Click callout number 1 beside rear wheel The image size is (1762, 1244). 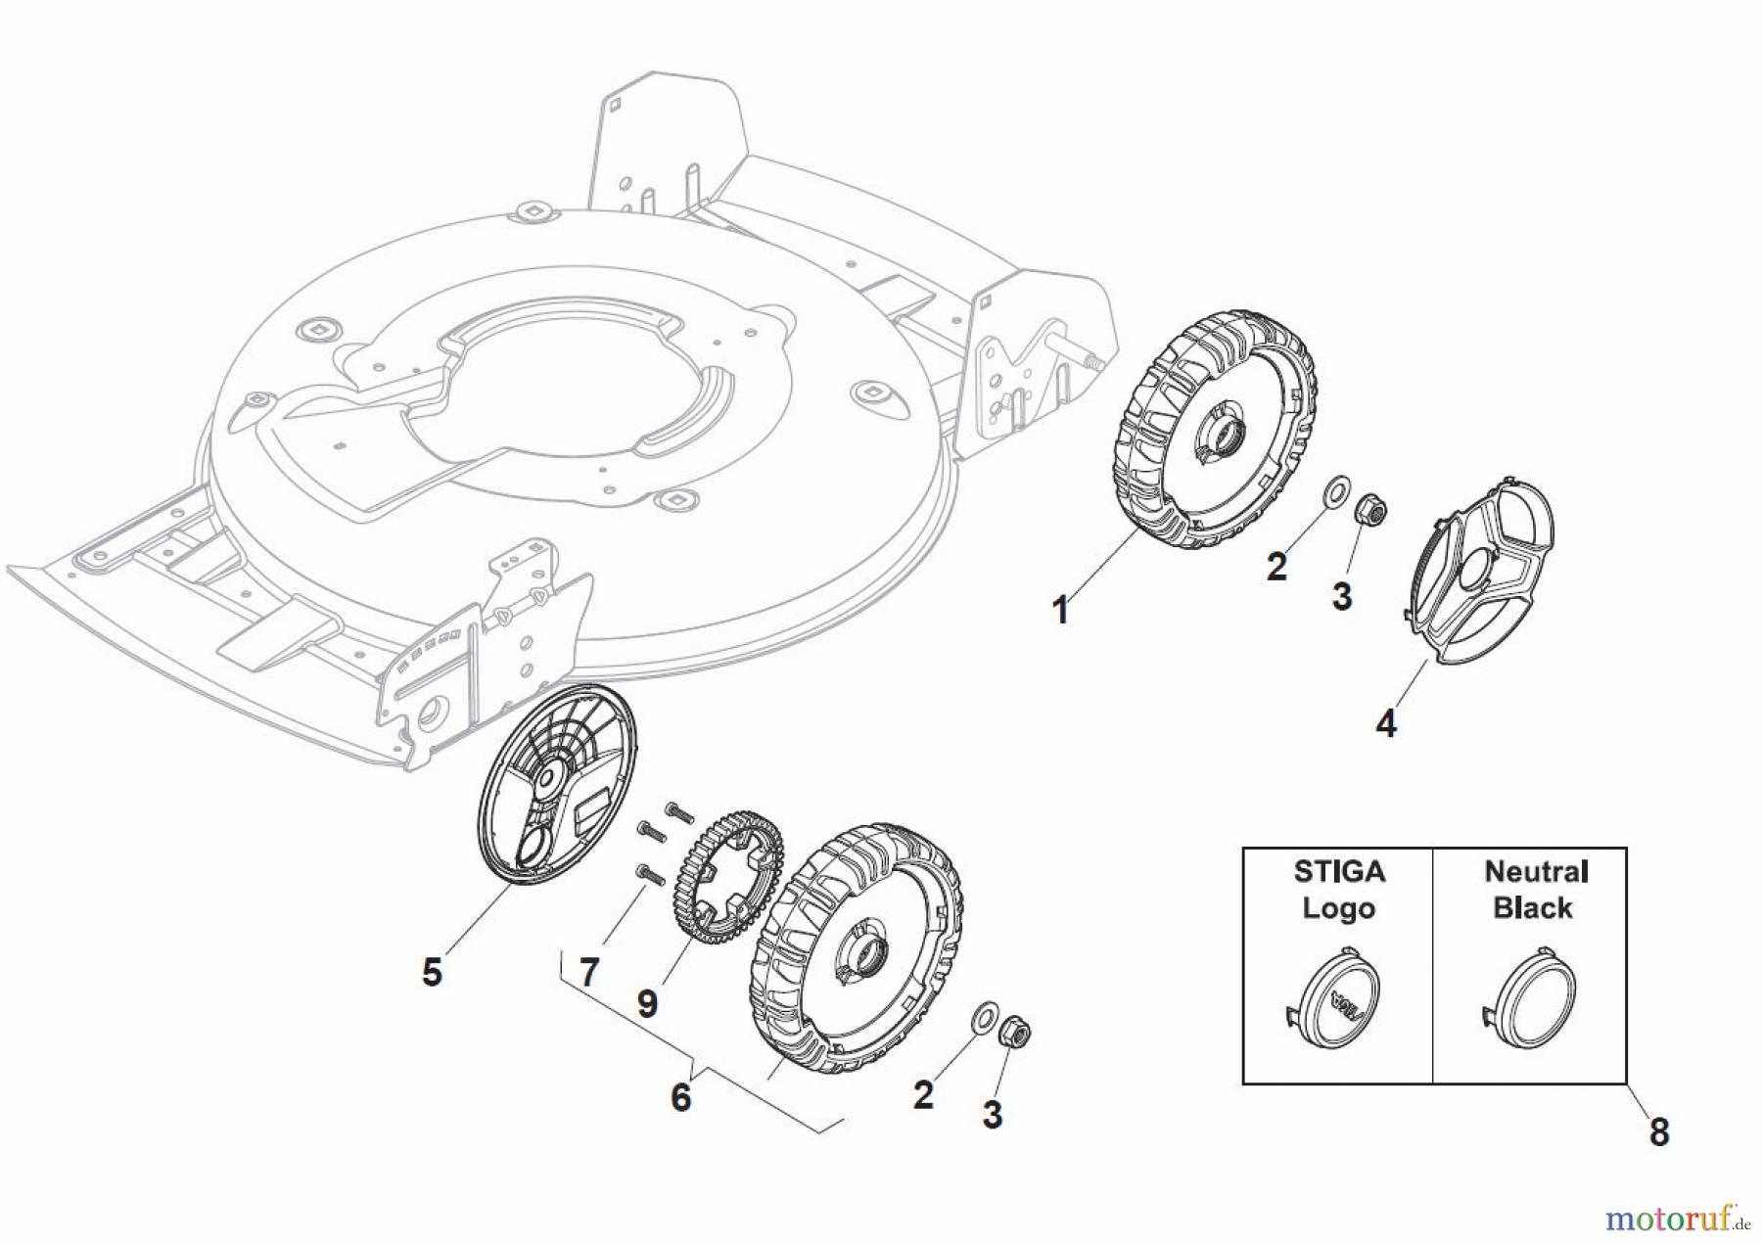pyautogui.click(x=1060, y=611)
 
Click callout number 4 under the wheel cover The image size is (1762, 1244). pyautogui.click(x=1386, y=724)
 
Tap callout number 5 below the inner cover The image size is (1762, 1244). pyautogui.click(x=432, y=973)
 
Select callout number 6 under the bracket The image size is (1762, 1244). pyautogui.click(x=681, y=1097)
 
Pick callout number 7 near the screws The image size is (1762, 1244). pyautogui.click(x=588, y=973)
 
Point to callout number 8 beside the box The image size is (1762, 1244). pyautogui.click(x=1658, y=1133)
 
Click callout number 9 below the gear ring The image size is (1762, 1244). pyautogui.click(x=647, y=1004)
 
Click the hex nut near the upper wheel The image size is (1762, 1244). pyautogui.click(x=1368, y=508)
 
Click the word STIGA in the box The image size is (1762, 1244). pyautogui.click(x=1338, y=871)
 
